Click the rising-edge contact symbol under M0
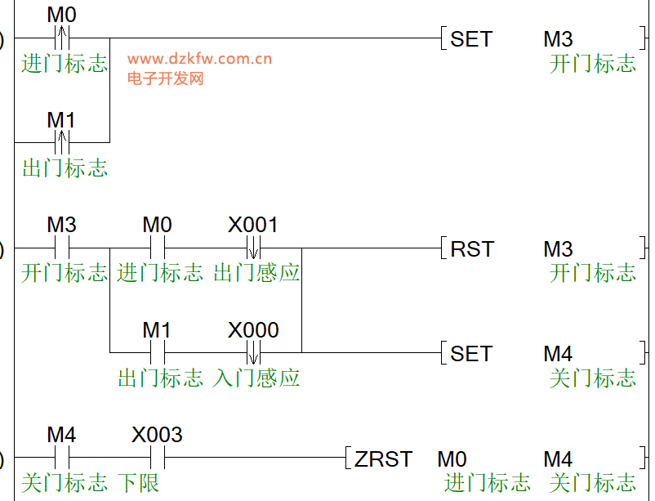pyautogui.click(x=61, y=38)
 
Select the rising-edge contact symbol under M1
pyautogui.click(x=61, y=142)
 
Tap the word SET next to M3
pyautogui.click(x=471, y=38)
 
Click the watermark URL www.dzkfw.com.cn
pyautogui.click(x=199, y=59)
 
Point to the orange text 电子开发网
pyautogui.click(x=165, y=78)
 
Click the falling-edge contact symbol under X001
pyautogui.click(x=253, y=248)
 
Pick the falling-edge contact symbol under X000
pyautogui.click(x=253, y=352)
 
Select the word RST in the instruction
pyautogui.click(x=472, y=248)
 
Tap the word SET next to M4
pyautogui.click(x=471, y=354)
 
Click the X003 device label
pyautogui.click(x=157, y=435)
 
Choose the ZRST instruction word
pyautogui.click(x=383, y=459)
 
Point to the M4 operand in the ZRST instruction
pyautogui.click(x=558, y=459)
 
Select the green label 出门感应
pyautogui.click(x=256, y=273)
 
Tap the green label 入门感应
pyautogui.click(x=256, y=378)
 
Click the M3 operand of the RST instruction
pyautogui.click(x=558, y=248)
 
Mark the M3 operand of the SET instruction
pyautogui.click(x=558, y=38)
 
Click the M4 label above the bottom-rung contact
pyautogui.click(x=61, y=435)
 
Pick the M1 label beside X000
pyautogui.click(x=157, y=330)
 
